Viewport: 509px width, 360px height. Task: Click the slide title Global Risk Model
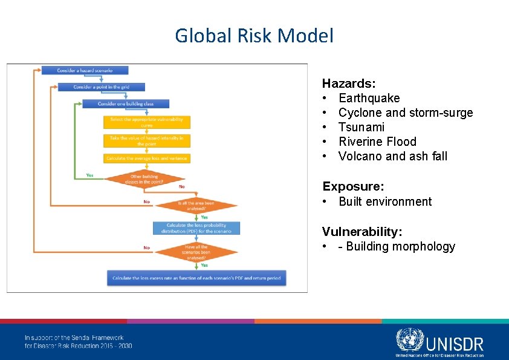[254, 36]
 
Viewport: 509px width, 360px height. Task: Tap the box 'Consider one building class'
[126, 103]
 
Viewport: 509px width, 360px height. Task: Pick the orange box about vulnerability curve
[147, 122]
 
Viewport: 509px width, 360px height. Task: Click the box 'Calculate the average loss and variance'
[147, 159]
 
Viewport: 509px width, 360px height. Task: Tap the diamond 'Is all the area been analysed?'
[196, 206]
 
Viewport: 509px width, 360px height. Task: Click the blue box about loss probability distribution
[196, 228]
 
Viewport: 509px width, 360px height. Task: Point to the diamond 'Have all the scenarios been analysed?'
[196, 252]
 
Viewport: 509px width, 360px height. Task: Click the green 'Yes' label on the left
[90, 175]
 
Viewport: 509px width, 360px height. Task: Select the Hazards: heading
[349, 83]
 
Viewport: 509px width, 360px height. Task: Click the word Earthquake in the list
[369, 98]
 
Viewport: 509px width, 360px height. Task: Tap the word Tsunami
[361, 127]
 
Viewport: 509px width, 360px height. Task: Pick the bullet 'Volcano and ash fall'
[393, 156]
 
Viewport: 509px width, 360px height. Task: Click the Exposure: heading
[353, 186]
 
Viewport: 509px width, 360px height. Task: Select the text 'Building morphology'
[400, 246]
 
